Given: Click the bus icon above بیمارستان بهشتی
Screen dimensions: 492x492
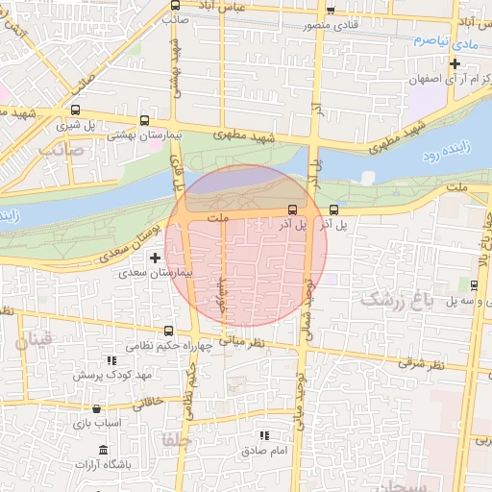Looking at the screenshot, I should click(x=144, y=121).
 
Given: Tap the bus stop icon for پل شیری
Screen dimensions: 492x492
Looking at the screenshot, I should click(x=75, y=111).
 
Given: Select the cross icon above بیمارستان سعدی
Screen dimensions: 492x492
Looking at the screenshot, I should click(x=155, y=258).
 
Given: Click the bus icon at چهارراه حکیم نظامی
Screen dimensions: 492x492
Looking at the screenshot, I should click(x=170, y=329).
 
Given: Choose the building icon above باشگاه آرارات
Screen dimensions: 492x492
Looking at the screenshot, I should click(x=103, y=451).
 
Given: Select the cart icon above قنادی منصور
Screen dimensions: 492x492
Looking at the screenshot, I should click(x=331, y=11).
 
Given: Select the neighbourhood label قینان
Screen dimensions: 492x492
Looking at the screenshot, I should click(x=35, y=340).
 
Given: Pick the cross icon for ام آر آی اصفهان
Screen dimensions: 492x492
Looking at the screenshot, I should click(x=455, y=64).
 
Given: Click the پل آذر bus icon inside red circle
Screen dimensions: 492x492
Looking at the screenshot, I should click(x=292, y=209).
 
